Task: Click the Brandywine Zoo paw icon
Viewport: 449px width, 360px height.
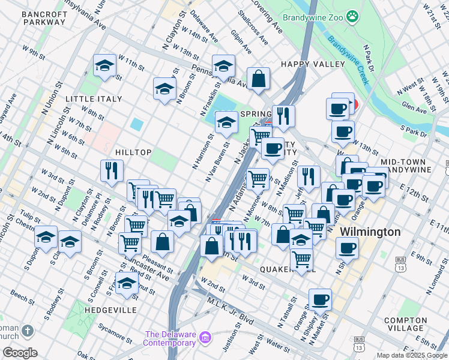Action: coord(353,17)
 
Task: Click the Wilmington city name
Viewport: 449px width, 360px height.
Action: coord(370,232)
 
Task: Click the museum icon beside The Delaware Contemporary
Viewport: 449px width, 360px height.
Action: coord(205,338)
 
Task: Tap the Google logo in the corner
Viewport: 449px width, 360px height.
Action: coord(19,353)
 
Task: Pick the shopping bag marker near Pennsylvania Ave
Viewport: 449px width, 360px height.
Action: coord(258,79)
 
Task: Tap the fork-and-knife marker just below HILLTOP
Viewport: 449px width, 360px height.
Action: coord(112,171)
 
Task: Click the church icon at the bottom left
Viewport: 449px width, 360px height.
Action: coord(27,331)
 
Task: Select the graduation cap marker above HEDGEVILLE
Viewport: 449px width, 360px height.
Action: coord(127,283)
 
